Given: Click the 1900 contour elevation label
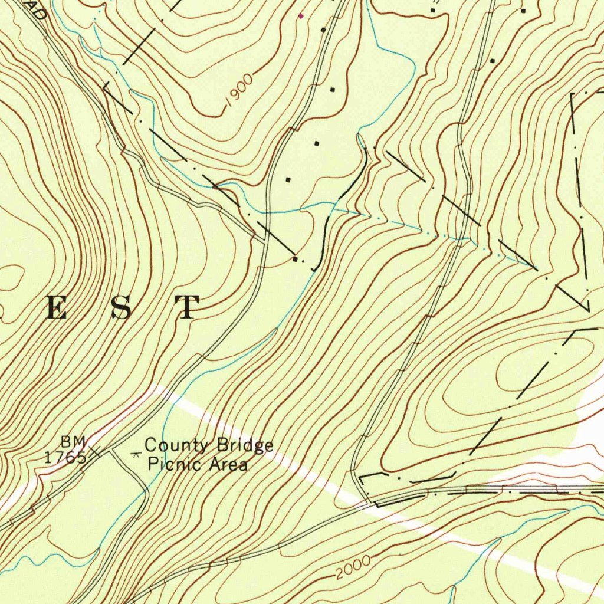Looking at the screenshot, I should tap(239, 91).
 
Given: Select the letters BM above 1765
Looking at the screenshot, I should tap(74, 442).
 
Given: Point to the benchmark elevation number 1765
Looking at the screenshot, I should tap(65, 457).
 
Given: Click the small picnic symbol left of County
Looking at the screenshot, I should tap(137, 454).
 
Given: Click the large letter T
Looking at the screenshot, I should tap(187, 307).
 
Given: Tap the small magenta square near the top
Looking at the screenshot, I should tap(301, 16).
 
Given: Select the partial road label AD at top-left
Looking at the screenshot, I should tap(37, 12).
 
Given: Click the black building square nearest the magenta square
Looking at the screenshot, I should tap(323, 29).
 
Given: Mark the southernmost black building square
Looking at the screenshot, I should tap(295, 258).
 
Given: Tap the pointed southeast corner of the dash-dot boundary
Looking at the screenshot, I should tap(588, 310).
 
